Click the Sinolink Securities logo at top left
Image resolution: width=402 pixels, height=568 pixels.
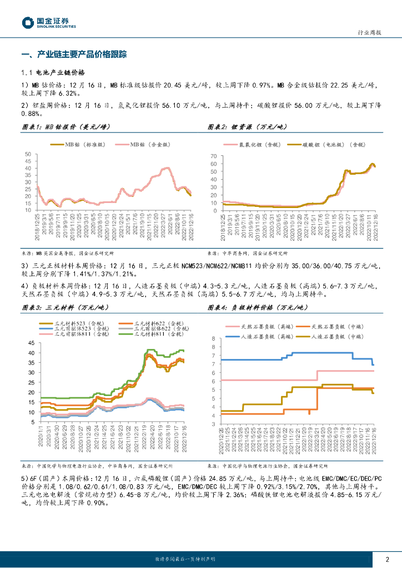point(49,23)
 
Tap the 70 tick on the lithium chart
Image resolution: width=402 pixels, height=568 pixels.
point(214,156)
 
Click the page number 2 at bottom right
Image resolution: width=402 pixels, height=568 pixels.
point(386,559)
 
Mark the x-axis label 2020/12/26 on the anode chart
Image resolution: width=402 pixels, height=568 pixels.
point(222,440)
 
